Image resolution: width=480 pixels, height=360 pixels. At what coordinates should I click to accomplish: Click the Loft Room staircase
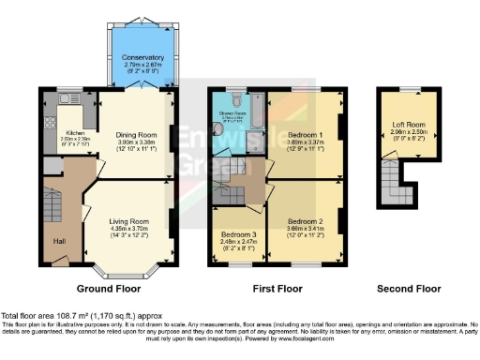click(391, 182)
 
